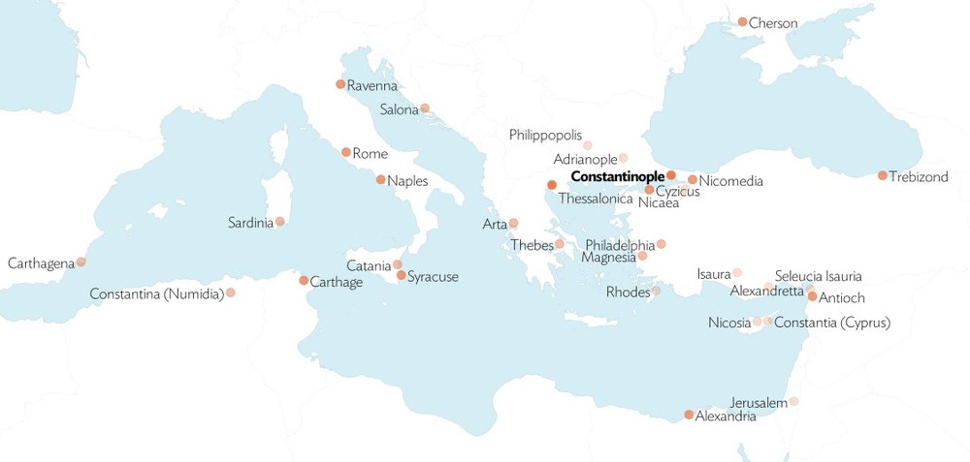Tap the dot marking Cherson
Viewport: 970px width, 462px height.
point(742,21)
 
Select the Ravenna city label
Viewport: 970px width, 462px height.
point(372,86)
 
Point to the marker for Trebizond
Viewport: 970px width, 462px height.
point(882,175)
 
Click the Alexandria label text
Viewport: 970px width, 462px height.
point(726,416)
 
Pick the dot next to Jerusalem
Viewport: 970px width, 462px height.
point(793,401)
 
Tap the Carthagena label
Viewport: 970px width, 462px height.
point(41,262)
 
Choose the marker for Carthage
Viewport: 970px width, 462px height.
point(304,281)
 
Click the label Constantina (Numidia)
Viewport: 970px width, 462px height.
point(156,293)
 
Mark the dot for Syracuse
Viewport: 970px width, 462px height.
point(402,276)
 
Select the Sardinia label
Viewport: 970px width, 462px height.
point(250,223)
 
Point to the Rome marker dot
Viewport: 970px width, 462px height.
point(346,152)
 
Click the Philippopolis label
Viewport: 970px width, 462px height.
point(545,135)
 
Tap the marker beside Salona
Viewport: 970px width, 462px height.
point(425,108)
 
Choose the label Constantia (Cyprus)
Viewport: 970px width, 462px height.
point(832,322)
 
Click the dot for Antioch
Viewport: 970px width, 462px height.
point(812,296)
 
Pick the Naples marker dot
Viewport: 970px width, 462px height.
point(380,179)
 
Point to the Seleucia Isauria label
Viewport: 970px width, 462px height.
point(818,276)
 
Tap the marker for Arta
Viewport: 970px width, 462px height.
point(513,223)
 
